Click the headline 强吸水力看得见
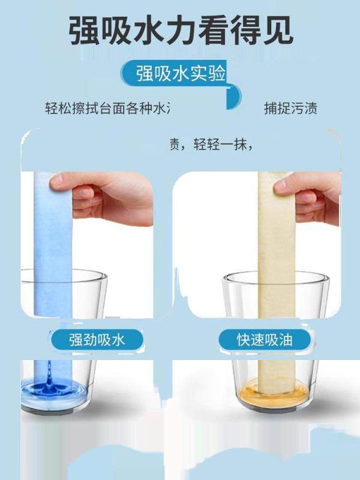coord(180,32)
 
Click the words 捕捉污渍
coord(290,108)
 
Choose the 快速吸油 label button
coord(264,340)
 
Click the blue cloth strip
coord(53,250)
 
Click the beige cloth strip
coord(276,250)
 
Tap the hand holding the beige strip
coord(317,197)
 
